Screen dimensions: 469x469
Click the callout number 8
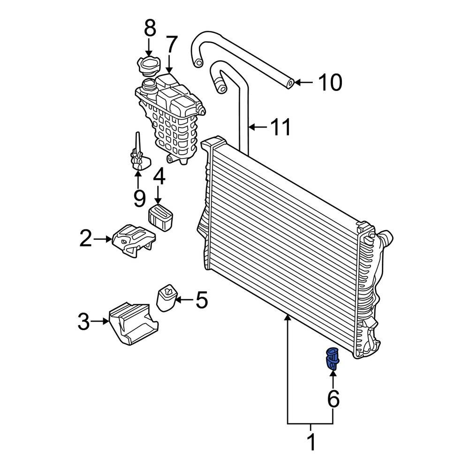click(150, 29)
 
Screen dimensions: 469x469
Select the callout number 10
click(330, 83)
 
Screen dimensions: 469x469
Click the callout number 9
click(139, 198)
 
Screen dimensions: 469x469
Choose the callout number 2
click(85, 239)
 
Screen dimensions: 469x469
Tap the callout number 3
click(83, 322)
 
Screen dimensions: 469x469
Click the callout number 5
click(201, 300)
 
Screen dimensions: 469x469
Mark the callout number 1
click(310, 442)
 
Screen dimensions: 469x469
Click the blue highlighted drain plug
click(332, 359)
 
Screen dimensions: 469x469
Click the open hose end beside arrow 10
click(290, 83)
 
